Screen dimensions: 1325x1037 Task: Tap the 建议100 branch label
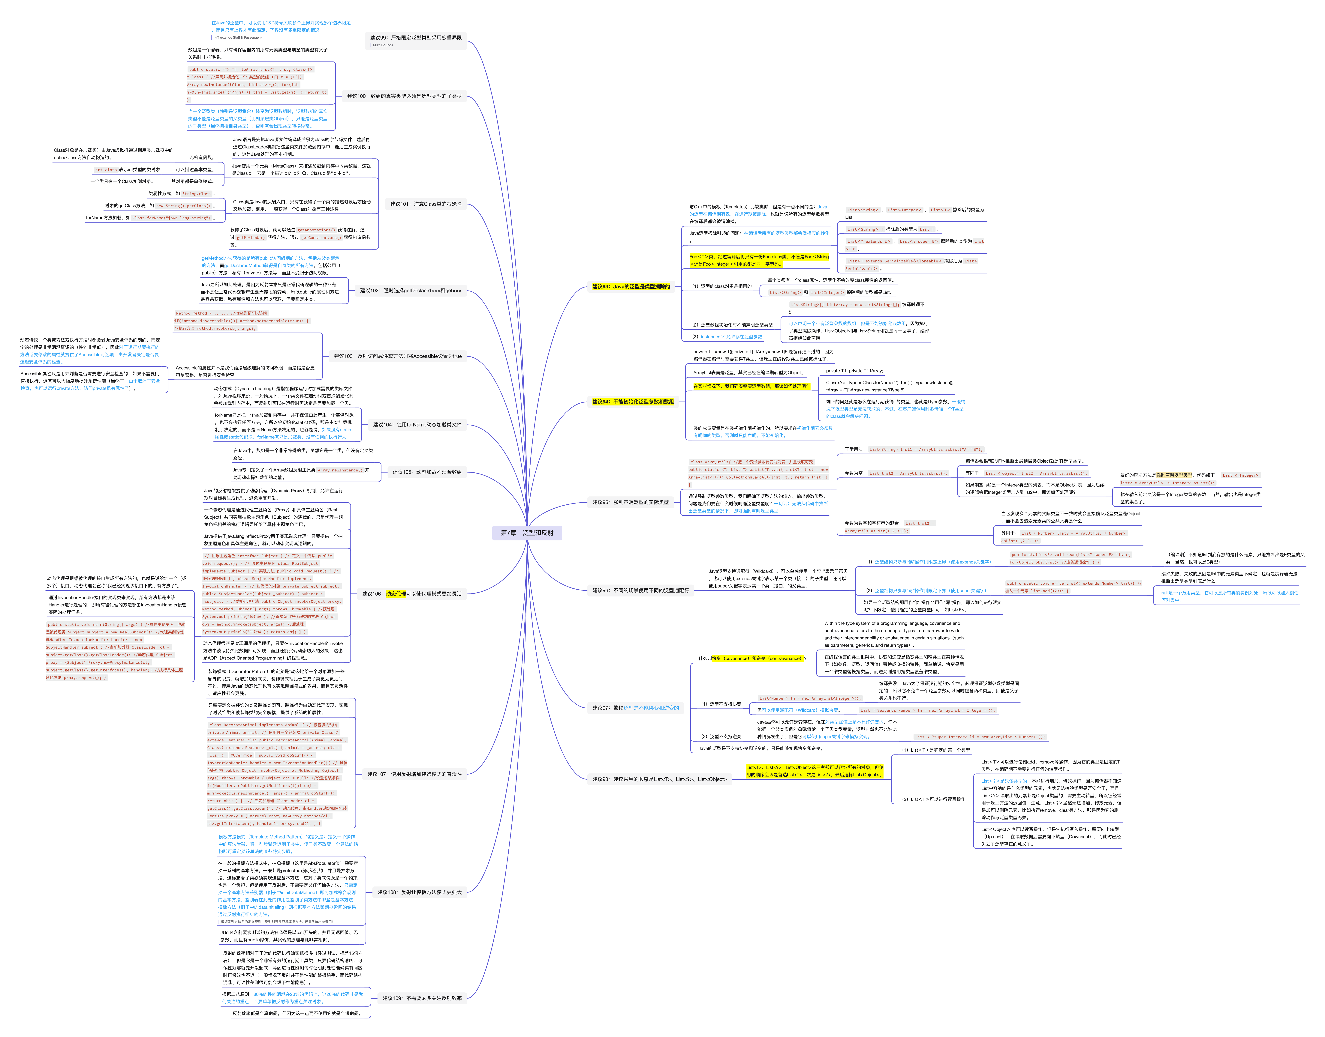(404, 96)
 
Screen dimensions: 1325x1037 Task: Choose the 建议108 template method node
(419, 892)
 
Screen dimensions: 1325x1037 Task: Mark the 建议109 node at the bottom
(422, 998)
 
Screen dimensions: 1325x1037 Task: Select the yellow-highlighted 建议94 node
(633, 402)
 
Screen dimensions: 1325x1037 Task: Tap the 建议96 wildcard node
(640, 590)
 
